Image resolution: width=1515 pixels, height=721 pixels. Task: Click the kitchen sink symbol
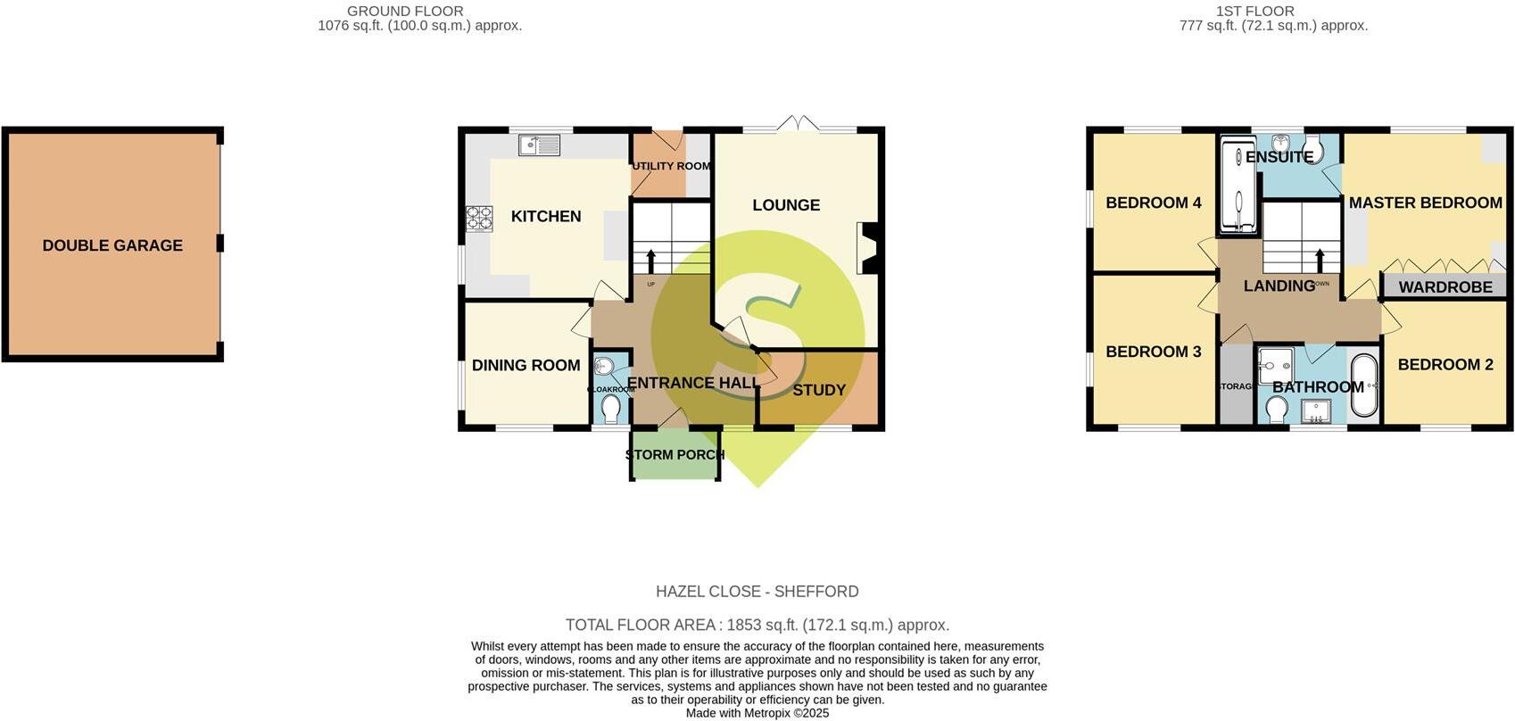pyautogui.click(x=539, y=144)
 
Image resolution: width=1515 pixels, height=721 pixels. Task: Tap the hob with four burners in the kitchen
pyautogui.click(x=479, y=219)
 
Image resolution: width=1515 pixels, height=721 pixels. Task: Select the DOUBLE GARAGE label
pyautogui.click(x=112, y=245)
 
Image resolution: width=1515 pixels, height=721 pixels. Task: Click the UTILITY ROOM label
pyautogui.click(x=671, y=166)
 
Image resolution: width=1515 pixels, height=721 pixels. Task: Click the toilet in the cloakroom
pyautogui.click(x=611, y=409)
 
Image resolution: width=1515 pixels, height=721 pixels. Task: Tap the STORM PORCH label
pyautogui.click(x=675, y=454)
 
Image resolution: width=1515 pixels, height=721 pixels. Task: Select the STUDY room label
pyautogui.click(x=818, y=390)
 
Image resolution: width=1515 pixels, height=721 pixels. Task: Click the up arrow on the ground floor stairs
pyautogui.click(x=650, y=261)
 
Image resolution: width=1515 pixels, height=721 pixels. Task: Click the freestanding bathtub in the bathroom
pyautogui.click(x=1364, y=385)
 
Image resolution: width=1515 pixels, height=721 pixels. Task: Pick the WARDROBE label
pyautogui.click(x=1445, y=287)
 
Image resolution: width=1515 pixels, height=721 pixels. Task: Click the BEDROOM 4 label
pyautogui.click(x=1153, y=203)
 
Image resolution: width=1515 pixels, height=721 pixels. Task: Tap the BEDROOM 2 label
pyautogui.click(x=1445, y=364)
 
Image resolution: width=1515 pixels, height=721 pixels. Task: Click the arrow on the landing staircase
pyautogui.click(x=1319, y=260)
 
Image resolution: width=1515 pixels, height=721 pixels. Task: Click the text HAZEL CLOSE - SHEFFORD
pyautogui.click(x=757, y=592)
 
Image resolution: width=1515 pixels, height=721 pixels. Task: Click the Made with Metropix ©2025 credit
pyautogui.click(x=757, y=713)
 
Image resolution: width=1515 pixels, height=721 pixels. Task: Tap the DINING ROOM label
pyautogui.click(x=526, y=365)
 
